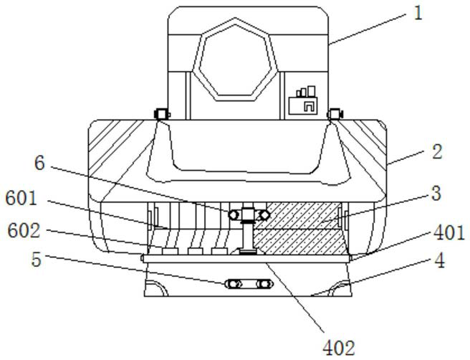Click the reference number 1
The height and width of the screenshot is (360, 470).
418,13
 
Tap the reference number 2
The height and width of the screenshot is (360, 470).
437,151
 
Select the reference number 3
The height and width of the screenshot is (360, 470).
436,194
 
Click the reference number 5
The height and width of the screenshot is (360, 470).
37,260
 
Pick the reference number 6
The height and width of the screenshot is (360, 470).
39,164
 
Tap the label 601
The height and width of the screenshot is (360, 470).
21,199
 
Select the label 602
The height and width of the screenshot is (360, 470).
24,231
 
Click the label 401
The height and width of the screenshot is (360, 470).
449,232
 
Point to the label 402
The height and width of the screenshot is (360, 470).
339,348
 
